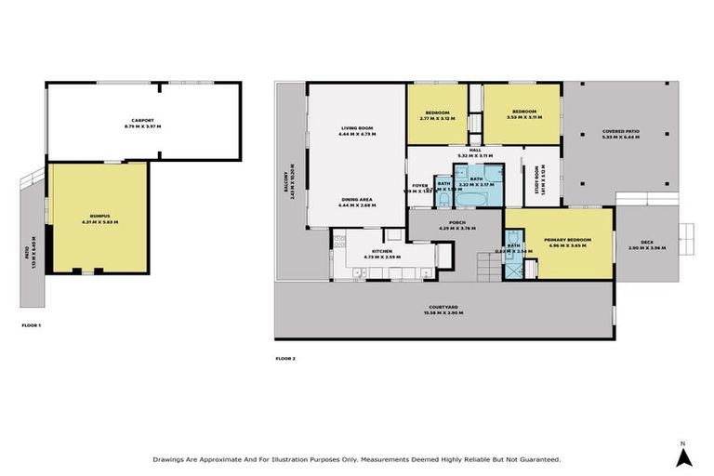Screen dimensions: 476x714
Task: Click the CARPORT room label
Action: coord(142,120)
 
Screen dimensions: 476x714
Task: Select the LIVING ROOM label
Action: coord(356,128)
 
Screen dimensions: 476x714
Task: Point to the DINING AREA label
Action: coord(356,199)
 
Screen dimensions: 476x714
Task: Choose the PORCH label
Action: coord(456,221)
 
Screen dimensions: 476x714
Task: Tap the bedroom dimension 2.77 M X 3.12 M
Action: coord(436,118)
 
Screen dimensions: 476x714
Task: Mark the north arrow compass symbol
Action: coord(683,455)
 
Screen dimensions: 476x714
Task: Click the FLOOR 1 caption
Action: coord(32,324)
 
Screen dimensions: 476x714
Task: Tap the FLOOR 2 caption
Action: coord(285,358)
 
